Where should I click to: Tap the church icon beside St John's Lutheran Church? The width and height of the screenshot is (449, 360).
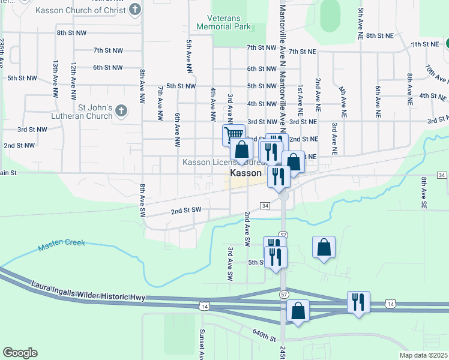click(122, 110)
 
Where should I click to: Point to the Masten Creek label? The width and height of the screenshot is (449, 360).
click(61, 245)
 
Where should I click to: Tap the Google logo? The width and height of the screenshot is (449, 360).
click(20, 353)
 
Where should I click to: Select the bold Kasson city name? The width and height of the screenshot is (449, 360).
click(246, 172)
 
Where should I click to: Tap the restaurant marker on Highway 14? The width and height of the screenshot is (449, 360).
click(358, 301)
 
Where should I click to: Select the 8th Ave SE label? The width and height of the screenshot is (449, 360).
click(424, 193)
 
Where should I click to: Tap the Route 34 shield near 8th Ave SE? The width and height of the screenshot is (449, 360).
click(442, 175)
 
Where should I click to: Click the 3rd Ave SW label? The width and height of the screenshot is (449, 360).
click(230, 263)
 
